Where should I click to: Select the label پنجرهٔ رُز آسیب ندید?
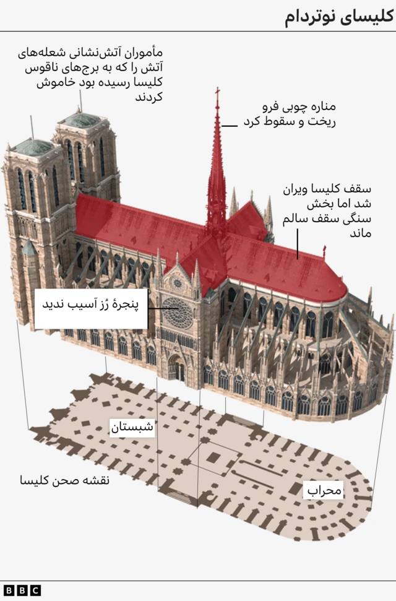click(x=91, y=305)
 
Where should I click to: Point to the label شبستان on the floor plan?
click(x=131, y=427)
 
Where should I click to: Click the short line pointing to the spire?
click(x=230, y=126)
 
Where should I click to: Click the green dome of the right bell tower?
click(x=82, y=120)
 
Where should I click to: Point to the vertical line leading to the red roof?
click(x=297, y=243)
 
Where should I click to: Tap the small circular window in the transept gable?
click(x=178, y=283)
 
